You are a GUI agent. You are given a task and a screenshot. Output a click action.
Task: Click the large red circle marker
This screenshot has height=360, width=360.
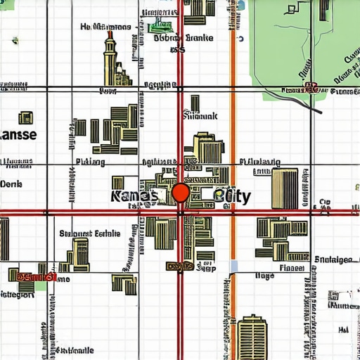pos(181,193)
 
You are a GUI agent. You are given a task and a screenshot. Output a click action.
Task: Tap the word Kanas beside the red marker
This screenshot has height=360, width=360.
pos(134,196)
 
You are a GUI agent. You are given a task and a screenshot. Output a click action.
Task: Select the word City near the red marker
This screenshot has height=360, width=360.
pos(232,196)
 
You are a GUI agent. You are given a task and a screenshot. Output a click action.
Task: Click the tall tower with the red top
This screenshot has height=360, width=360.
pos(110,59)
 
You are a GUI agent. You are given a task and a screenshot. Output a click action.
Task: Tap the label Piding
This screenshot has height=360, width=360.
pos(89,162)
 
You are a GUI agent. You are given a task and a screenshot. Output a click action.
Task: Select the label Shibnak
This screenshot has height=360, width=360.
pos(200,115)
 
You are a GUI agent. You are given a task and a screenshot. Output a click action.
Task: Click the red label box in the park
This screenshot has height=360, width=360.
pos(310,89)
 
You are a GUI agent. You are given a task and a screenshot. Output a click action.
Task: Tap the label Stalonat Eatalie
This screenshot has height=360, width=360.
pos(89,233)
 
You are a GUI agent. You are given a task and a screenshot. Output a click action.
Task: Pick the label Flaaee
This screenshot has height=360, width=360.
pos(292,267)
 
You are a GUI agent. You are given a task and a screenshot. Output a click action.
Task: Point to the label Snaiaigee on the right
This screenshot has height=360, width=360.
pos(333,259)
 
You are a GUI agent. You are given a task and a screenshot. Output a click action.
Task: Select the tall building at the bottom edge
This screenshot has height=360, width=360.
pos(252,337)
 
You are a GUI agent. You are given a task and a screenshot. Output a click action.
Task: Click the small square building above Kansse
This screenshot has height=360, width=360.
pos(26,117)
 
